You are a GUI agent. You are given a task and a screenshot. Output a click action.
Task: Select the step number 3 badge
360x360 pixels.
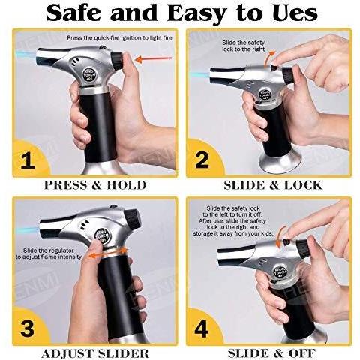tap(27, 328)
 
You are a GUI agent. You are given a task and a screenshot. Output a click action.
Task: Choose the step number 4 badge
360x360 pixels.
tap(202, 328)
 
